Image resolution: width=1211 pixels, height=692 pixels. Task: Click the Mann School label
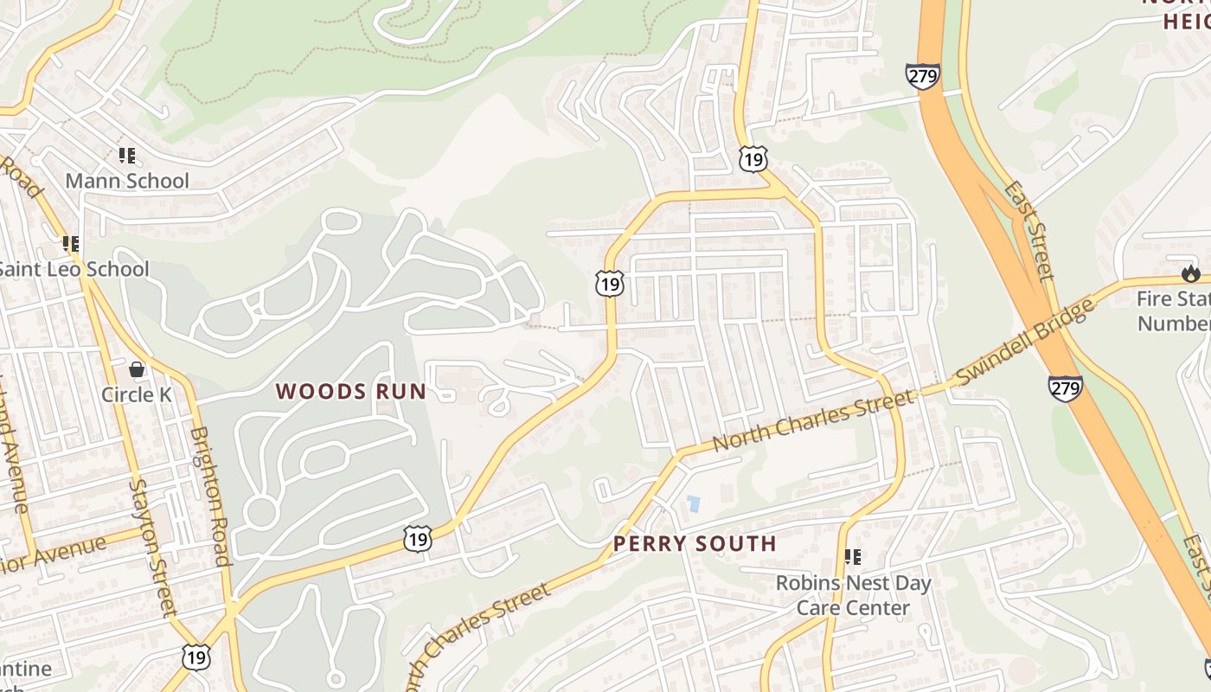(x=127, y=181)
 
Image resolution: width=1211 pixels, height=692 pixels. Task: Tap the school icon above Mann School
(x=127, y=157)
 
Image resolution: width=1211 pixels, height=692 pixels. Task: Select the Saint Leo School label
(x=74, y=269)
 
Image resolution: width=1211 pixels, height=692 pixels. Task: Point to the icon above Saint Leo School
(x=71, y=245)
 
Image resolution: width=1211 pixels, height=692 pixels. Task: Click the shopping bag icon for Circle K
(x=137, y=369)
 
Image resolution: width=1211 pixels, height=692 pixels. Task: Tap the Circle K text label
(x=137, y=394)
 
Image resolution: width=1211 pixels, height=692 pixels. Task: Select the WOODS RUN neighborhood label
(x=351, y=391)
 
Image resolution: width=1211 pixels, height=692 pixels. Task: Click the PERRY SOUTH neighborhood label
(x=695, y=544)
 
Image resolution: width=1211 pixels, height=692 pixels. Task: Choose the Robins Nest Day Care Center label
(x=853, y=595)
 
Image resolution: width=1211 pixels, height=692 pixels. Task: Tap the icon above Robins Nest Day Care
(x=853, y=558)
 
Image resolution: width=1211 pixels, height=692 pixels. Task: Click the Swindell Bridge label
(x=1022, y=344)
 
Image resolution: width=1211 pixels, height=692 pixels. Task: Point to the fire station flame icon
(x=1191, y=274)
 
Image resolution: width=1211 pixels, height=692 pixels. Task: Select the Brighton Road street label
(x=211, y=496)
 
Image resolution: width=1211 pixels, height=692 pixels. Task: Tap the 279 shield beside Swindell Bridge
(x=1065, y=388)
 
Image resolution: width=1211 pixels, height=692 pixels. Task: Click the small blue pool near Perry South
(x=693, y=503)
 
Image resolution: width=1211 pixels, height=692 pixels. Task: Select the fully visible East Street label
(x=1028, y=230)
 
